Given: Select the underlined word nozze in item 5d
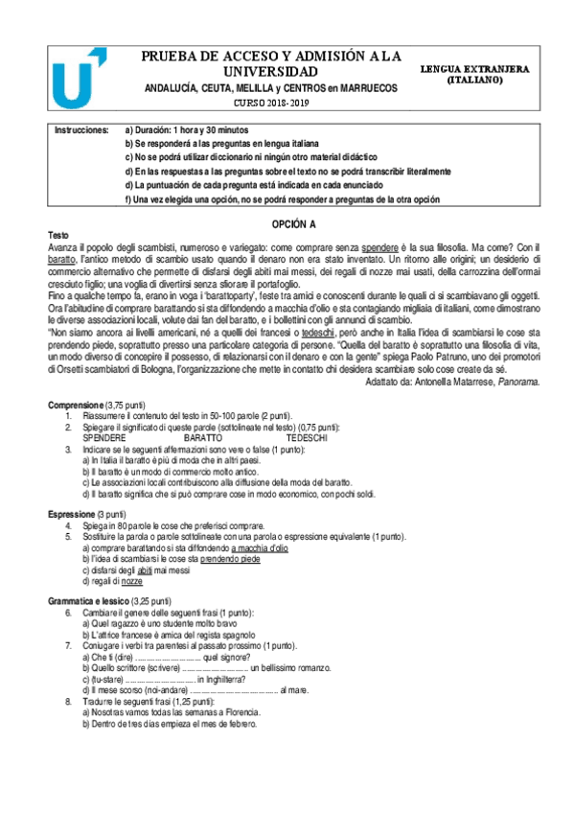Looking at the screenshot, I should pyautogui.click(x=132, y=582).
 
